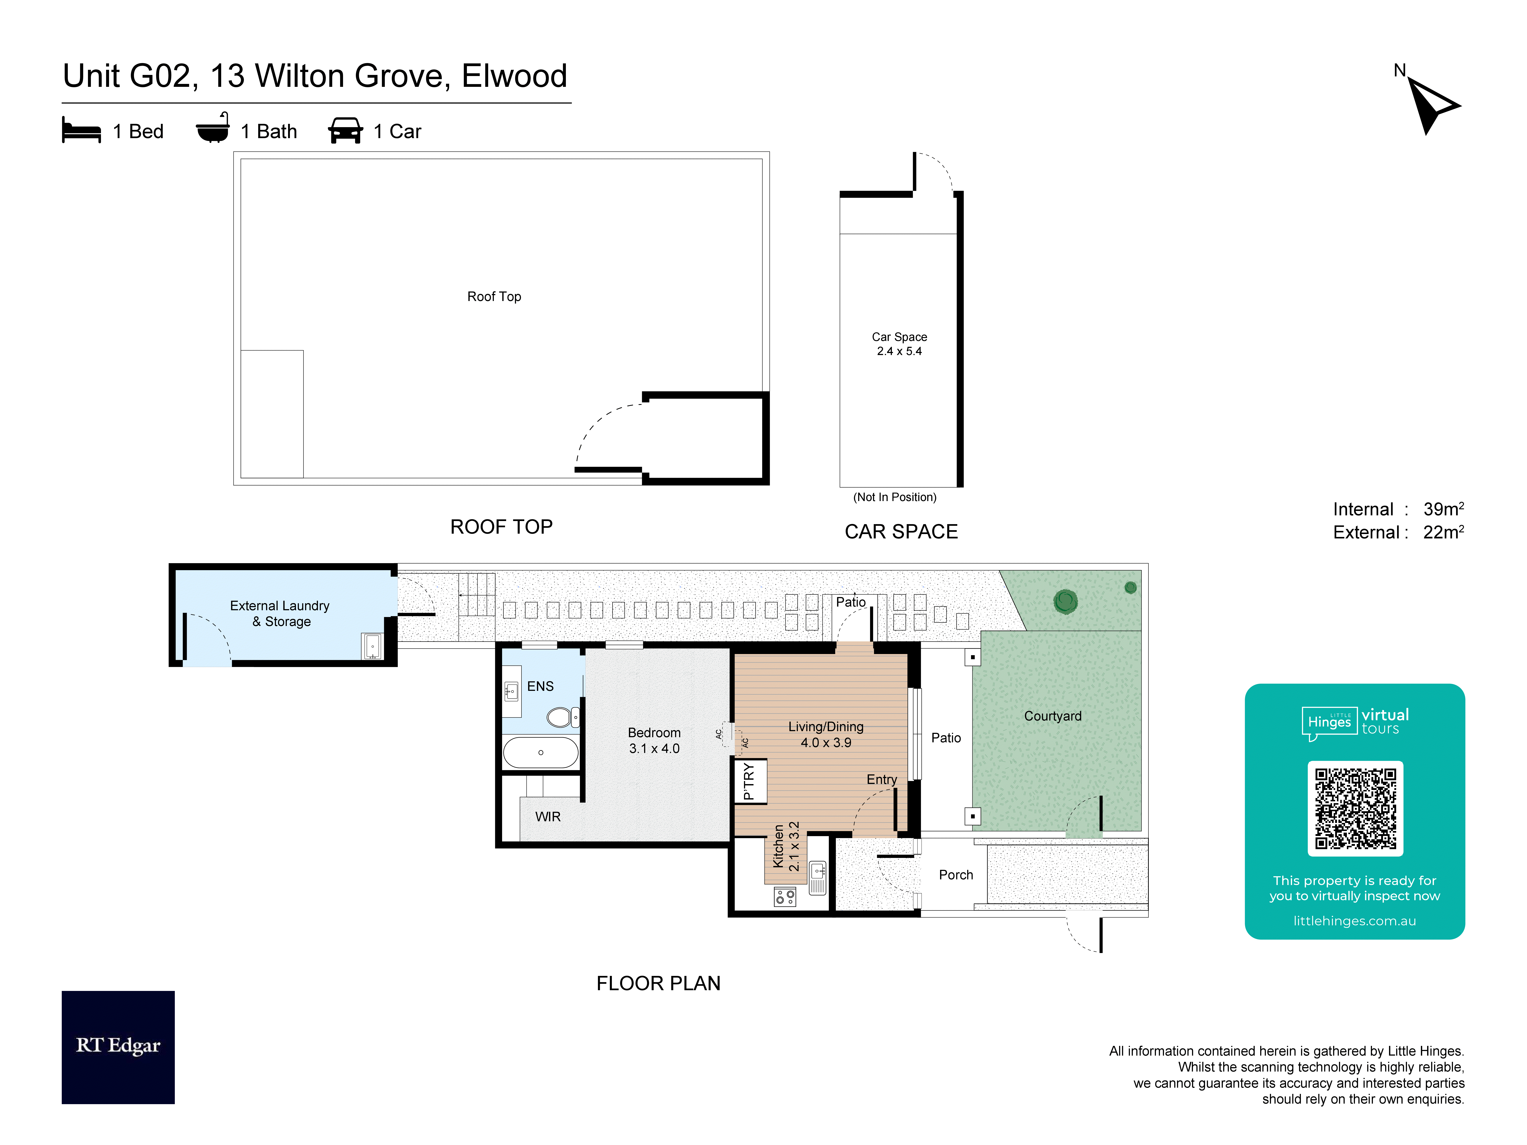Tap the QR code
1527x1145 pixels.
coord(1355,808)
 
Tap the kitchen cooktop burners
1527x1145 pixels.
coord(785,897)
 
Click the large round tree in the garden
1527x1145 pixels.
coord(1065,601)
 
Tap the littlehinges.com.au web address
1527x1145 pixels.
coord(1354,921)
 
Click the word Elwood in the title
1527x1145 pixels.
coord(514,76)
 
